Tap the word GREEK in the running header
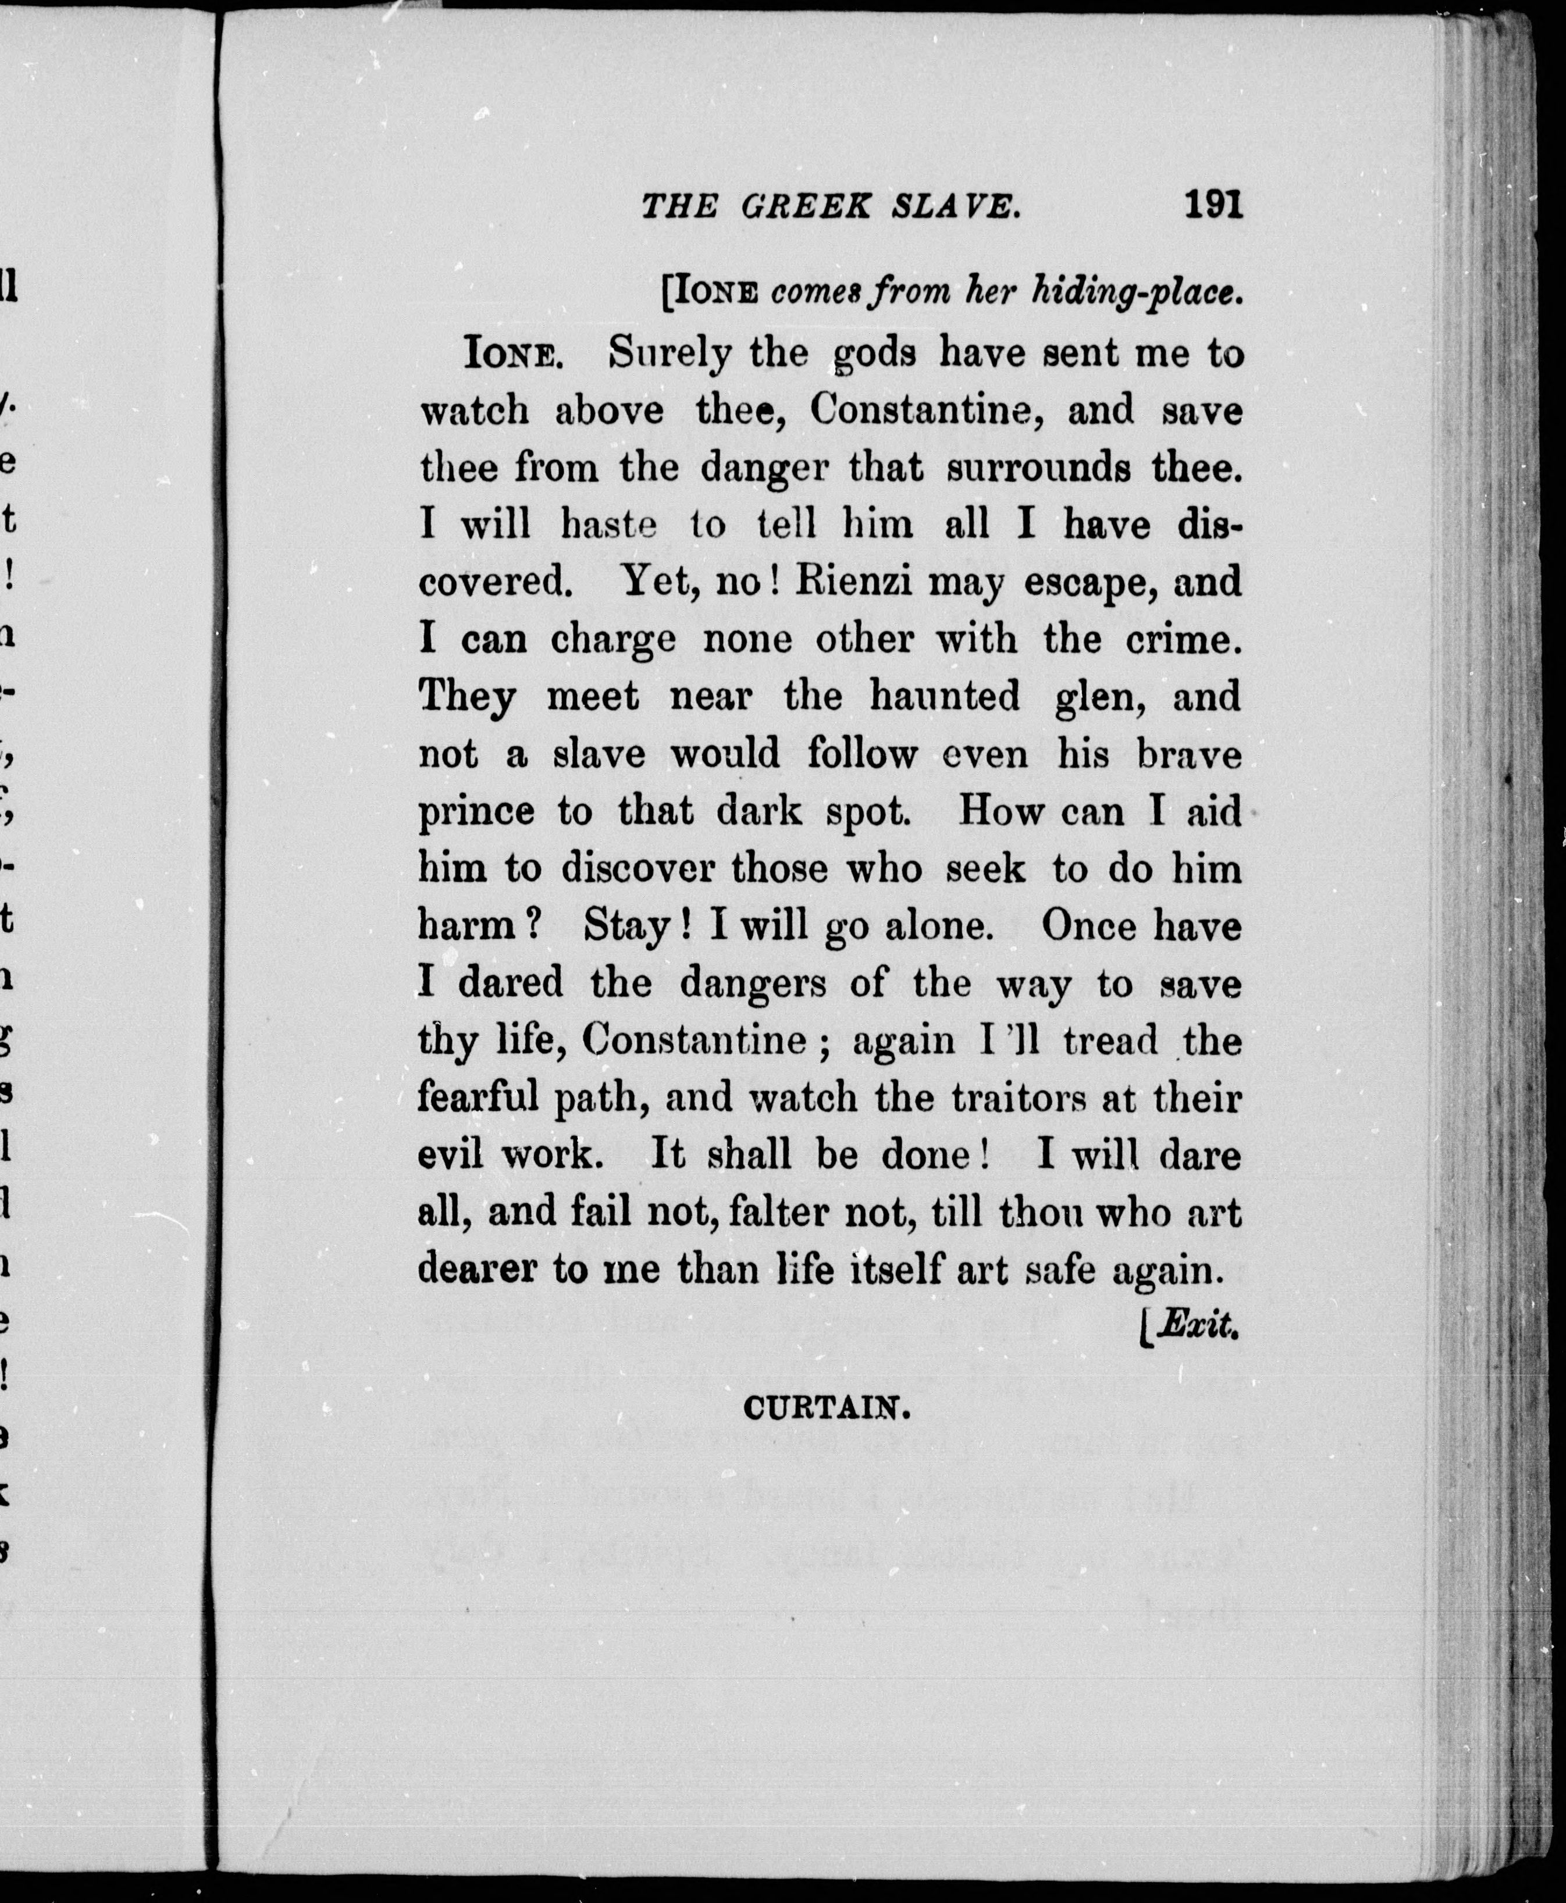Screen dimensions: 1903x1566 [x=806, y=208]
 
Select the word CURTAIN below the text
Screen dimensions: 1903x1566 [x=826, y=1408]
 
